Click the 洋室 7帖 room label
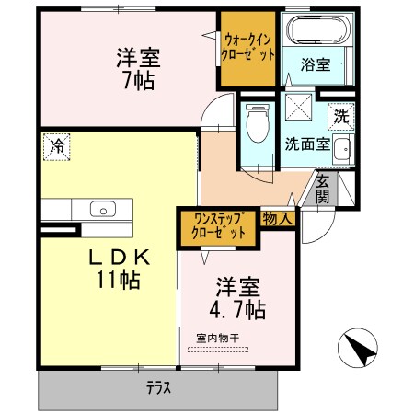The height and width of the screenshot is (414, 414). tap(138, 67)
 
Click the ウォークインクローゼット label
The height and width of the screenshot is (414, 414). tap(247, 48)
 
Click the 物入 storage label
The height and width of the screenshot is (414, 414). tap(278, 218)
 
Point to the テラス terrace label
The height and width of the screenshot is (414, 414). tap(158, 387)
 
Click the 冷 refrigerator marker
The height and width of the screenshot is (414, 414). tap(57, 146)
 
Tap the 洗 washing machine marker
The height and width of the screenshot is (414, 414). tap(340, 117)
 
